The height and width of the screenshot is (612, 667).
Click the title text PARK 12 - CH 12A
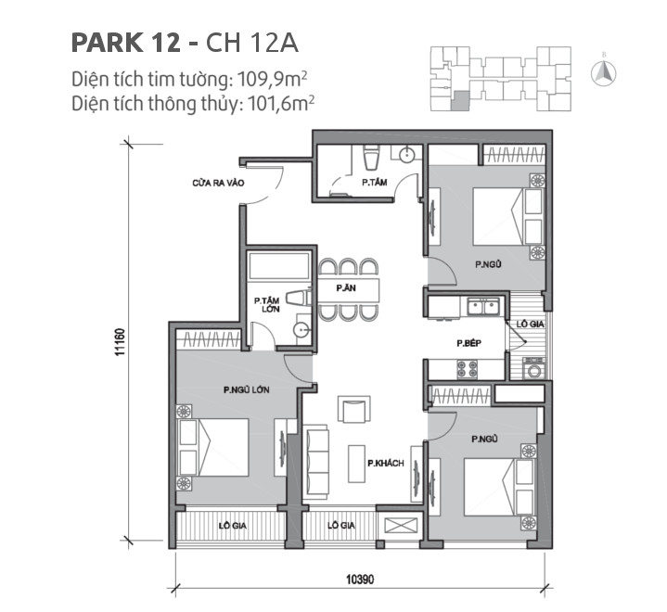(x=185, y=43)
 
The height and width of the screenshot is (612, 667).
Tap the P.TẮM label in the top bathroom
(x=374, y=183)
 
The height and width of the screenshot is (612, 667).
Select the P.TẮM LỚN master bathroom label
(x=267, y=305)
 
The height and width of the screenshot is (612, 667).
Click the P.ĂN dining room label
(x=347, y=288)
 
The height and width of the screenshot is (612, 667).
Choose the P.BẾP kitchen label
(x=466, y=343)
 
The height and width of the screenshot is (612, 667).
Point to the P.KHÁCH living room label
(x=384, y=463)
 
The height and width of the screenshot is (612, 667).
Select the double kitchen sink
(x=483, y=305)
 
